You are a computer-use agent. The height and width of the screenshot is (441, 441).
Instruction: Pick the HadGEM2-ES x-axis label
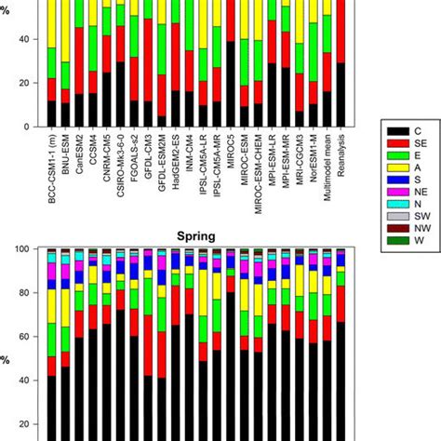coord(176,172)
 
